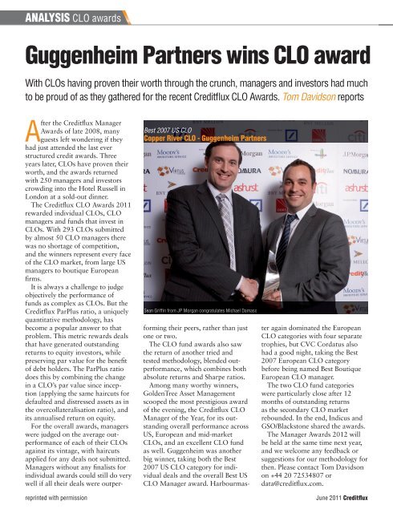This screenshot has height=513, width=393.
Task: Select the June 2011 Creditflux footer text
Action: (x=346, y=499)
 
